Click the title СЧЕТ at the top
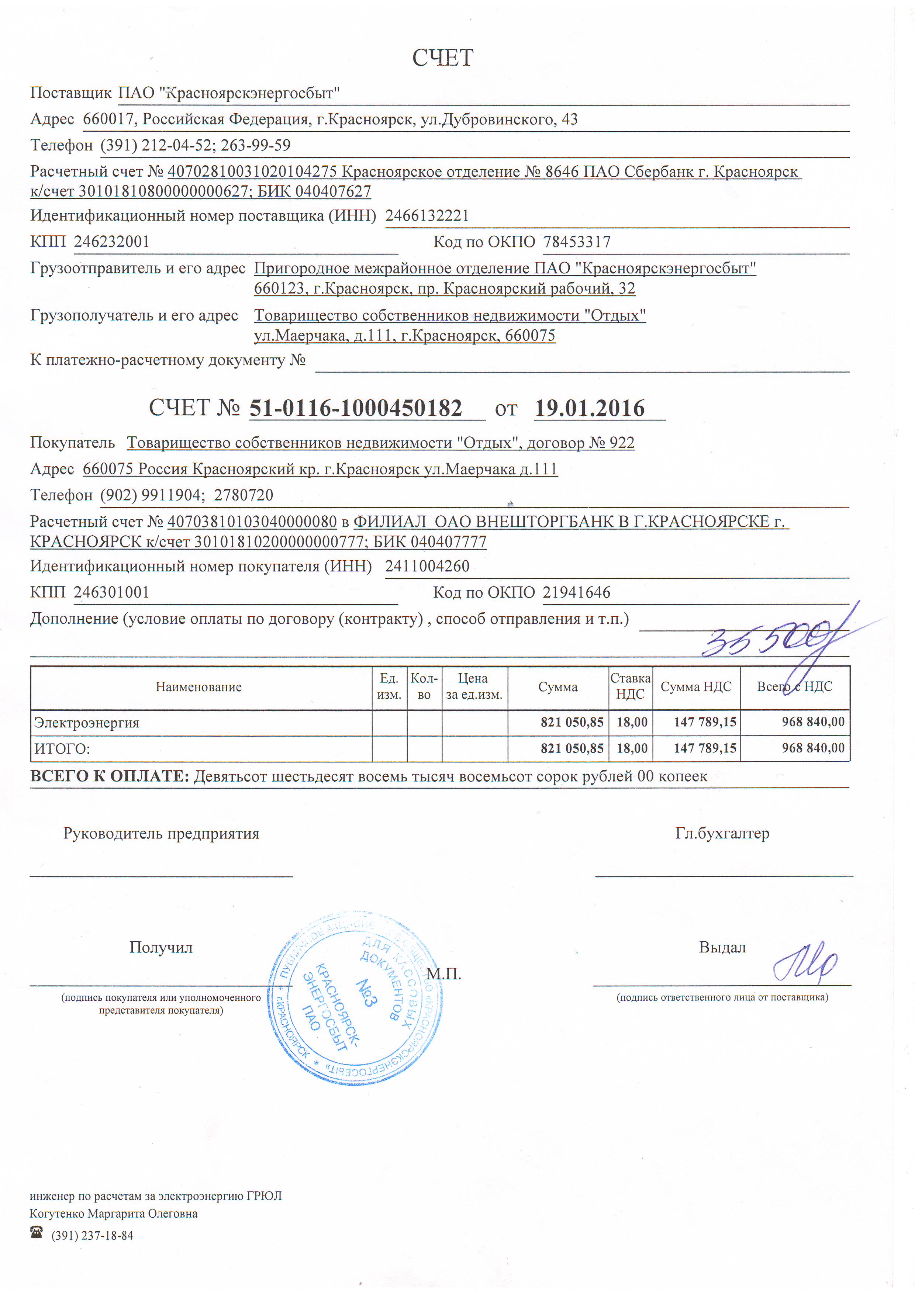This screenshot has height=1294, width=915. (x=443, y=58)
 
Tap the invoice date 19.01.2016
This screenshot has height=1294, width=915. (x=589, y=408)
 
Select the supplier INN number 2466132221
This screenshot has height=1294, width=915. (x=427, y=216)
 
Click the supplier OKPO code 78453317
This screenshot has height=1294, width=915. (x=577, y=242)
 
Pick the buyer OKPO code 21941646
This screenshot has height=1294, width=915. (x=576, y=592)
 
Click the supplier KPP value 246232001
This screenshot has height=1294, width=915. (x=112, y=242)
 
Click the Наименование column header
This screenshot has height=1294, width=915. (x=198, y=687)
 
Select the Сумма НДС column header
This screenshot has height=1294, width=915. (x=696, y=687)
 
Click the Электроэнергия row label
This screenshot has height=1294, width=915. (x=87, y=723)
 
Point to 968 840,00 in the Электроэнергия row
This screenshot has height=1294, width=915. (x=812, y=722)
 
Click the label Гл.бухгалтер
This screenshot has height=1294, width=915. (x=722, y=833)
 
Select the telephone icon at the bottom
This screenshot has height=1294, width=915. (x=37, y=1232)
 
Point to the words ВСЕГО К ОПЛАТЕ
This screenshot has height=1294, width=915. (x=109, y=776)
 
